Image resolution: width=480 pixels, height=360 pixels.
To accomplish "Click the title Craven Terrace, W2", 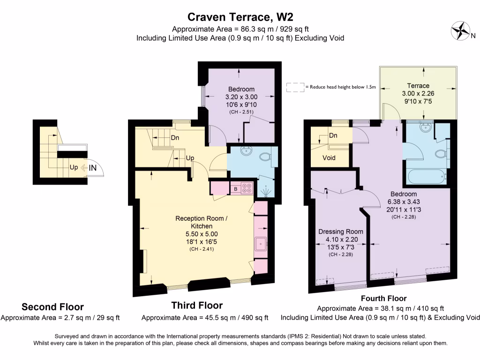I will [240, 17].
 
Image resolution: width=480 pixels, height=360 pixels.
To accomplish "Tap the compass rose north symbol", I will [460, 31].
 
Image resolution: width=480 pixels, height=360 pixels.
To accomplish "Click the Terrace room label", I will [418, 86].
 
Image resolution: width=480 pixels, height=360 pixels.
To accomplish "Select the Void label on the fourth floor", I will [329, 158].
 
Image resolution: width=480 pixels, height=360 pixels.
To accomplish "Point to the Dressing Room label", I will [340, 232].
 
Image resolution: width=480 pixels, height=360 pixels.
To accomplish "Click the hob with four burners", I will [247, 188].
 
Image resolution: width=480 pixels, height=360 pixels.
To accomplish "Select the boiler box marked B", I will [235, 189].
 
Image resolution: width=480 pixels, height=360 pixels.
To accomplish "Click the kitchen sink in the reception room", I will [260, 243].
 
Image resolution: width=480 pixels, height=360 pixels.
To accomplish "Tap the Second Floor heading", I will [52, 307].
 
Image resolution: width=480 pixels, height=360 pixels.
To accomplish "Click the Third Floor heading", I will [197, 306].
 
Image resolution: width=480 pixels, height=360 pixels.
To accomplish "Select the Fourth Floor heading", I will [383, 298].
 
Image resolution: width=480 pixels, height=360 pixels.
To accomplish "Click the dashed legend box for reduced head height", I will [295, 87].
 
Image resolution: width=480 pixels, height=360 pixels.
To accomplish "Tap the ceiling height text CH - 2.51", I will [241, 112].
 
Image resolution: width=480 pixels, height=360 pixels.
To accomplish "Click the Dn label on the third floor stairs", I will [175, 138].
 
